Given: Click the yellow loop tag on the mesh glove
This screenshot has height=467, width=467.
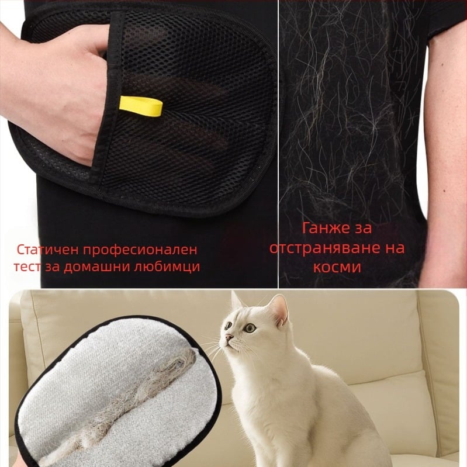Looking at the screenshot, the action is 141,106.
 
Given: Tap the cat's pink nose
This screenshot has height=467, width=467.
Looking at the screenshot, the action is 229,337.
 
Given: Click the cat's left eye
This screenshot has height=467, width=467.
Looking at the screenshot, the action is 250,328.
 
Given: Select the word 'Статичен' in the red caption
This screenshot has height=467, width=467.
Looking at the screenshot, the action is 47,250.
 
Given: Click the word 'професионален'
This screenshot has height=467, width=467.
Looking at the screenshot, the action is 140,250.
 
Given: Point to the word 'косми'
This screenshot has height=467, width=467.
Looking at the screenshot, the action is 337,267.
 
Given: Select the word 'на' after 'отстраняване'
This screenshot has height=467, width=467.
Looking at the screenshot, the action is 395,248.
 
